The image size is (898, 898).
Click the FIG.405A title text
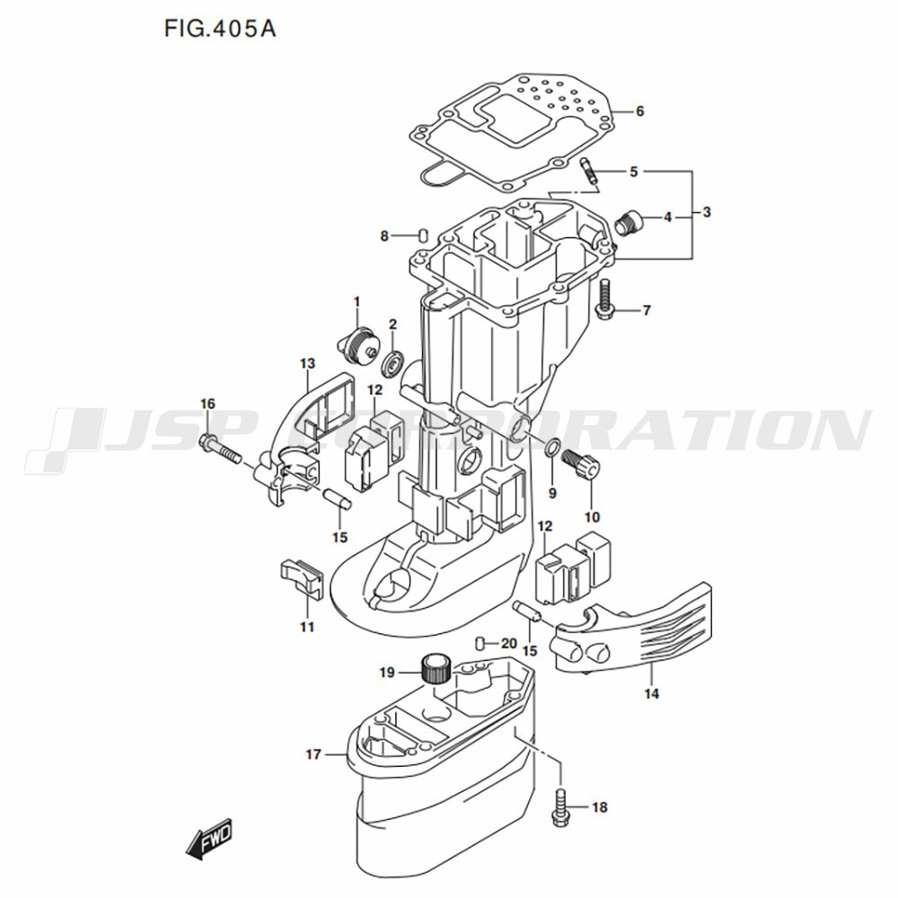pyautogui.click(x=220, y=29)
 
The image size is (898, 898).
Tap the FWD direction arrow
pyautogui.click(x=209, y=840)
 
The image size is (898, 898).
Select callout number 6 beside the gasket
pyautogui.click(x=640, y=110)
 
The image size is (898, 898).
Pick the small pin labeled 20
pyautogui.click(x=480, y=643)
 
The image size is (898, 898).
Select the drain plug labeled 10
pyautogui.click(x=582, y=464)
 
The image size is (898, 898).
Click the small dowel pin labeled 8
pyautogui.click(x=423, y=234)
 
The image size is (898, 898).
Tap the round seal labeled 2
pyautogui.click(x=394, y=362)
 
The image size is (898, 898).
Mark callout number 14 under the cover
pyautogui.click(x=652, y=693)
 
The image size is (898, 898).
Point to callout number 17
pyautogui.click(x=313, y=754)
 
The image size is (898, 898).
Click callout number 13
pyautogui.click(x=307, y=363)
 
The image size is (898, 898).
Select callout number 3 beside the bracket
pyautogui.click(x=707, y=212)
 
